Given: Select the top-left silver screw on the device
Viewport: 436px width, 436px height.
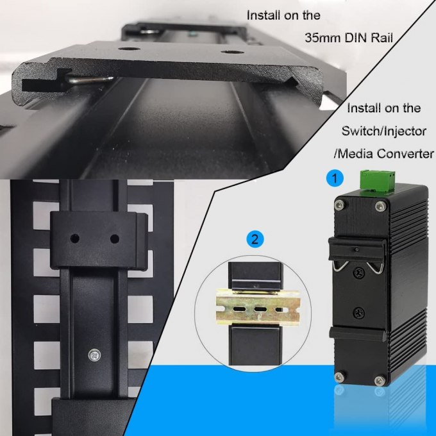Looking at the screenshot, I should [x=340, y=206].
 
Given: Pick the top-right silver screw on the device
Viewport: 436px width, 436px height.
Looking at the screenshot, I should [x=381, y=206].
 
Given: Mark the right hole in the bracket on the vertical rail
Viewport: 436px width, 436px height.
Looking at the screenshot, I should [x=115, y=239].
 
